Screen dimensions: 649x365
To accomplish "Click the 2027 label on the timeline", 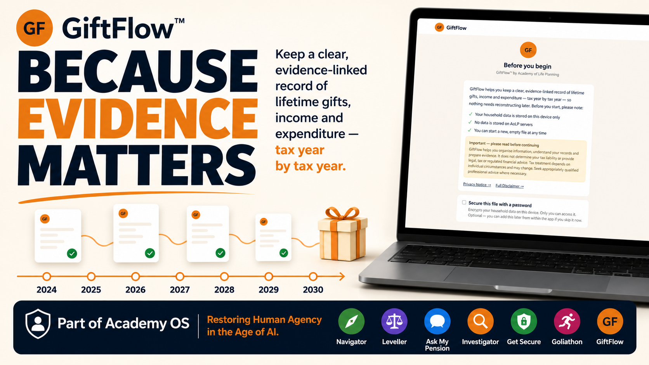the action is click(x=180, y=290).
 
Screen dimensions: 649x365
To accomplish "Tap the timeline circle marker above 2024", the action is click(x=47, y=277).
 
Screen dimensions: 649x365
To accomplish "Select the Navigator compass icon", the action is click(x=351, y=321).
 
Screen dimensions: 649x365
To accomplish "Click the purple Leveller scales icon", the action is click(x=394, y=321).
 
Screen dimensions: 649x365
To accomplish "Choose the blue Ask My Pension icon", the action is click(x=437, y=321).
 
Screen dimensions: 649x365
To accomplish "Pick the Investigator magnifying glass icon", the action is click(x=481, y=321).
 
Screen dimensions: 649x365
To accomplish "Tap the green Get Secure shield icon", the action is click(x=524, y=321).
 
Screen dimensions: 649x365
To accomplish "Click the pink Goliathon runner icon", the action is click(x=567, y=321).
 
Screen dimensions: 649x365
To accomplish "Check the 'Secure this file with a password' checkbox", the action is click(x=464, y=202).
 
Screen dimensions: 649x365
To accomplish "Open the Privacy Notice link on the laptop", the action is click(x=477, y=185).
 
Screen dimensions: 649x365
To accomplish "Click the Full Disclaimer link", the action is click(x=509, y=186).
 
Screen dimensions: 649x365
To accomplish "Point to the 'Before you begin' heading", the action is click(x=527, y=66).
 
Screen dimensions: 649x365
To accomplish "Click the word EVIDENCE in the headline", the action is click(x=138, y=119).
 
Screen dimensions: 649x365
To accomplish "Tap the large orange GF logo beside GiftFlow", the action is click(x=35, y=28).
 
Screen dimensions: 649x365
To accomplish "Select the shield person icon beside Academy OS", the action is click(x=38, y=323).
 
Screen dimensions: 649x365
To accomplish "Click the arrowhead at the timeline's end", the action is click(x=342, y=277).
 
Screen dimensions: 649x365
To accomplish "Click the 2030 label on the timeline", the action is click(x=313, y=290).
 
